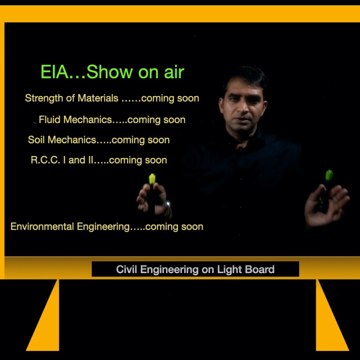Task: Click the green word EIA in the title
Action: (55, 72)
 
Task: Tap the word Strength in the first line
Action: (44, 98)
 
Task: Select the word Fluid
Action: (50, 120)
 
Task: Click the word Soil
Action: (36, 140)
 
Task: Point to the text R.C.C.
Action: (45, 160)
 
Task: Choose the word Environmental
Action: (42, 227)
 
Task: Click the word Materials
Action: (98, 98)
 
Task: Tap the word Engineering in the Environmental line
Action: (103, 227)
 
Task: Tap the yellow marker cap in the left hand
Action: (152, 179)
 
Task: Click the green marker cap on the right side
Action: (329, 175)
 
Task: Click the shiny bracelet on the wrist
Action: (169, 208)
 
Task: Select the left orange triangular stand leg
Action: (46, 323)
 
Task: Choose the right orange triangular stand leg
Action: (329, 323)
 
